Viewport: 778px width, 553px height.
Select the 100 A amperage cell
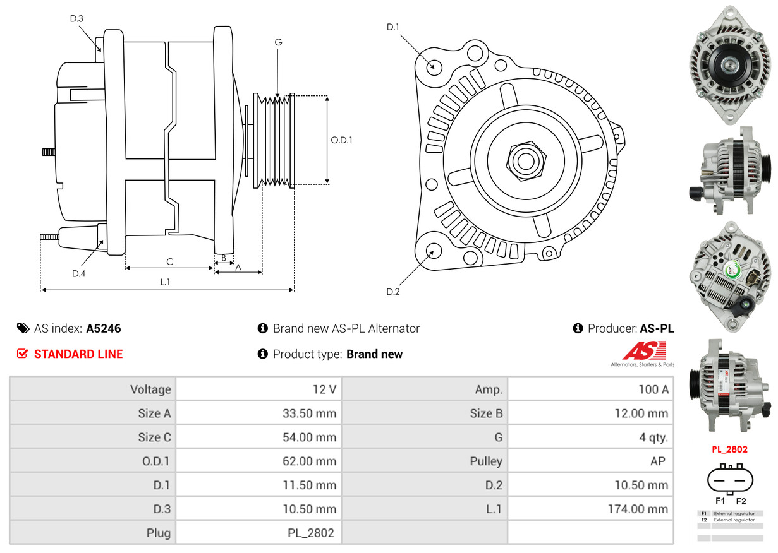653,389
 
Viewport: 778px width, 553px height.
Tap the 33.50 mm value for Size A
309,413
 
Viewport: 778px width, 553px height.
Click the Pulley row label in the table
486,461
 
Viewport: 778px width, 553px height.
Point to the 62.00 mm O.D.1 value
309,461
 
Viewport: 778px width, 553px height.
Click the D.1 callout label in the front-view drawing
393,27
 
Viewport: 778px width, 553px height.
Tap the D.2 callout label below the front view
393,292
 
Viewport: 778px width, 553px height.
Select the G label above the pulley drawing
278,42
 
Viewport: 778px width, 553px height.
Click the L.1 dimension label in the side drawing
165,282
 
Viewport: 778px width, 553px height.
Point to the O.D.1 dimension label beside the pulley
341,140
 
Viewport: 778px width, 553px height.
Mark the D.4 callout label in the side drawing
78,273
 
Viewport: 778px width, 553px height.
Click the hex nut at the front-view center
524,160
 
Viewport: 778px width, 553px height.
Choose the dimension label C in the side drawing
169,261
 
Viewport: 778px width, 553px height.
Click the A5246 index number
104,328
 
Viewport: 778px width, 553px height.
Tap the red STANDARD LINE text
78,354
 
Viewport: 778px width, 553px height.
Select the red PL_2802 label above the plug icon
729,449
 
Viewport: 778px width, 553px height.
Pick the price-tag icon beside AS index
23,328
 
